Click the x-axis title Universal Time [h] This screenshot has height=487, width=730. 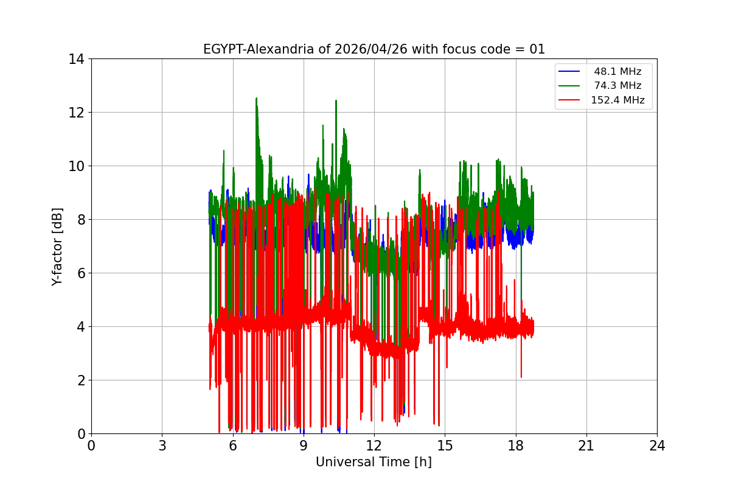click(x=374, y=462)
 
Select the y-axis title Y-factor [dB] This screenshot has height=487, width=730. click(x=57, y=247)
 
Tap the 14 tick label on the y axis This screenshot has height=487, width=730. click(x=76, y=59)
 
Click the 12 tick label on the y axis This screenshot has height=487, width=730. click(x=76, y=113)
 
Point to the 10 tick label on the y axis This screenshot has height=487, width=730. click(x=76, y=166)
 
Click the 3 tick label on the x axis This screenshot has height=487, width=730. click(x=162, y=446)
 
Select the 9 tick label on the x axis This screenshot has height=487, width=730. click(x=304, y=446)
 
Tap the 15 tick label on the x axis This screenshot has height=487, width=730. click(x=445, y=446)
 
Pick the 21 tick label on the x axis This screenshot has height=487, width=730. click(x=586, y=446)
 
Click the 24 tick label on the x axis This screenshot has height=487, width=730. click(x=657, y=446)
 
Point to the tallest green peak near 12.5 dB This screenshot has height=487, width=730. click(x=256, y=99)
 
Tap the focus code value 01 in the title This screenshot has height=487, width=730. click(x=537, y=49)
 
